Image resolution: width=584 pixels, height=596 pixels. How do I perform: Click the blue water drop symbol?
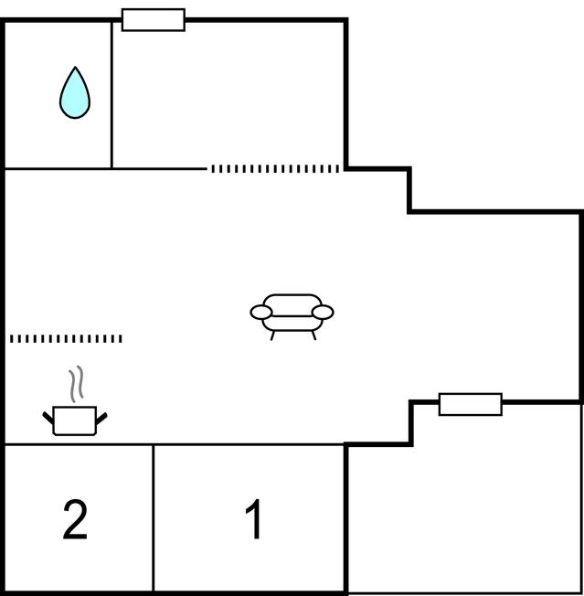click(75, 92)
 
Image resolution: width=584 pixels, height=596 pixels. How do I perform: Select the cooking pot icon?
click(75, 420)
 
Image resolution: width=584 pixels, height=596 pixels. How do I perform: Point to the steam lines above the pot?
click(76, 384)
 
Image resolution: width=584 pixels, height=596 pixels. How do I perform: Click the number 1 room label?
click(253, 519)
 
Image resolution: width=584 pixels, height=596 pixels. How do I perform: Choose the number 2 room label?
click(75, 519)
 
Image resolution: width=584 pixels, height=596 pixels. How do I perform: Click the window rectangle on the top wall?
click(154, 20)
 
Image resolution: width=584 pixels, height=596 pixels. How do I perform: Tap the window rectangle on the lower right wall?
click(471, 404)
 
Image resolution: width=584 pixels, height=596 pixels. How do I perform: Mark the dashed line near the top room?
click(275, 169)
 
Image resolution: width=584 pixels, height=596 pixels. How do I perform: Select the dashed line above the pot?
click(66, 338)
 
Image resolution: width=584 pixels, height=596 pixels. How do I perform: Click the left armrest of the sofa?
click(261, 312)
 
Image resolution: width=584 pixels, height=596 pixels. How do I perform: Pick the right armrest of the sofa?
click(323, 312)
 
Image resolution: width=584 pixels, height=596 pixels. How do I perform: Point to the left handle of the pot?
click(48, 418)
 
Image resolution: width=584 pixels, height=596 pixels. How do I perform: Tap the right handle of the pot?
click(101, 418)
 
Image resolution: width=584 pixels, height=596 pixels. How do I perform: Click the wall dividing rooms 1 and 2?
click(154, 517)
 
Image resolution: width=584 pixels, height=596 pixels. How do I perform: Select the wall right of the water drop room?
click(111, 95)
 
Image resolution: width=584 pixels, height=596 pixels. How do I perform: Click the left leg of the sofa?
click(272, 335)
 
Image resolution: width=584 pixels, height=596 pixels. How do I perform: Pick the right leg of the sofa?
click(313, 335)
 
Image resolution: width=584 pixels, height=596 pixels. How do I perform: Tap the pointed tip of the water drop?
click(75, 67)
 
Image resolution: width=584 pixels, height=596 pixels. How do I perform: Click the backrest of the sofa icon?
click(292, 304)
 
